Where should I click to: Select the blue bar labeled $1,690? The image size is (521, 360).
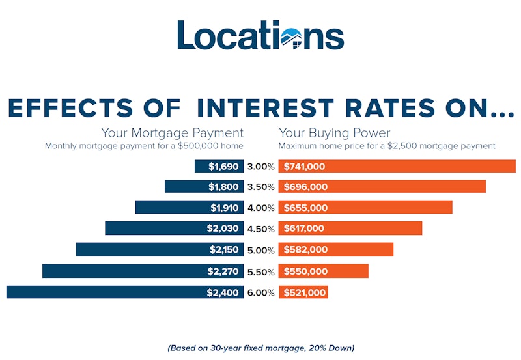click(x=219, y=167)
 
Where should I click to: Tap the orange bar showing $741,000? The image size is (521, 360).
click(x=397, y=167)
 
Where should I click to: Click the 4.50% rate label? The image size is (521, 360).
click(x=260, y=228)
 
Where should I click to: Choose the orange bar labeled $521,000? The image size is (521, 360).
click(x=303, y=292)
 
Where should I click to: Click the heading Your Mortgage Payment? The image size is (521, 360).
click(x=172, y=133)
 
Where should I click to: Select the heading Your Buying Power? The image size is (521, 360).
click(x=334, y=133)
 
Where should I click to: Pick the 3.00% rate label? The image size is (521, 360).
click(x=260, y=167)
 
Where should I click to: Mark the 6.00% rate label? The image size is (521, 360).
click(x=260, y=292)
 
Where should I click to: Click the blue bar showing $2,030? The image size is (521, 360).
click(x=174, y=228)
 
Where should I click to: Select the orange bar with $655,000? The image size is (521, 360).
click(x=365, y=208)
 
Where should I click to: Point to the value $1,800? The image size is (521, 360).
click(x=223, y=187)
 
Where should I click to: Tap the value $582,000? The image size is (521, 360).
click(x=304, y=250)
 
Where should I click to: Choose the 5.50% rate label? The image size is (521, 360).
click(x=260, y=271)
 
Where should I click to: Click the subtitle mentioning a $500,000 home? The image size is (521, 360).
click(x=144, y=146)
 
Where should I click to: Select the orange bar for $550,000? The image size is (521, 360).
click(x=324, y=271)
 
